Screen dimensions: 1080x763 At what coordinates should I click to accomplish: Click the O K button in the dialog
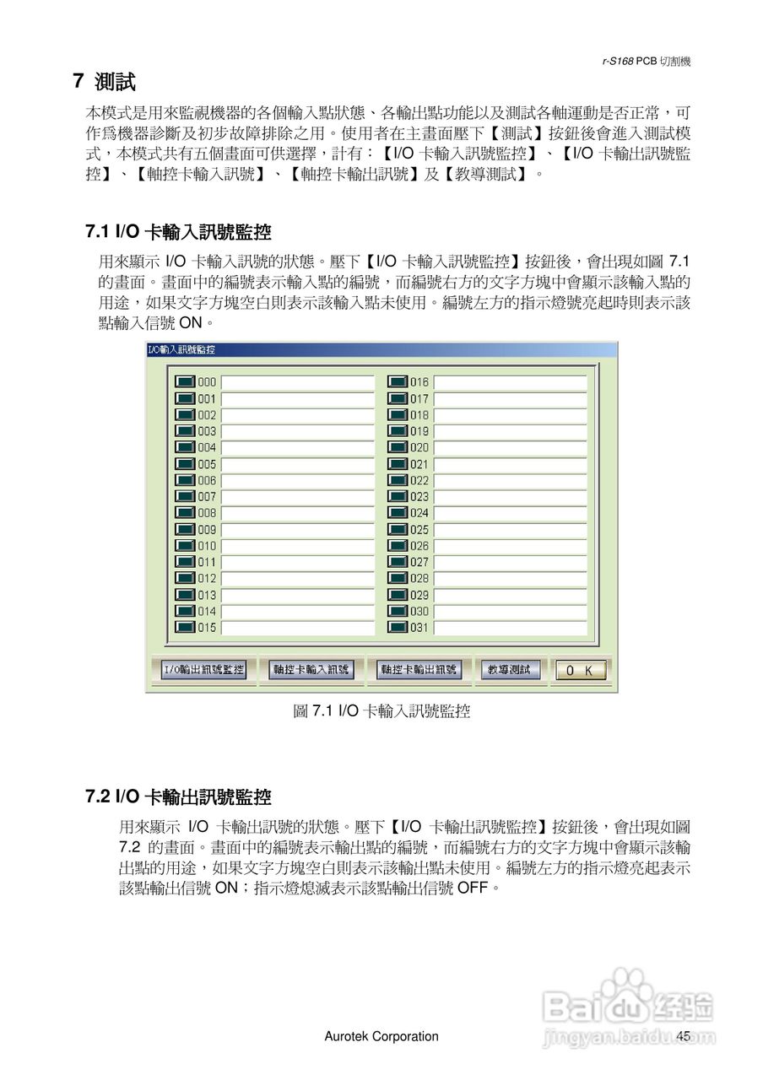coord(580,670)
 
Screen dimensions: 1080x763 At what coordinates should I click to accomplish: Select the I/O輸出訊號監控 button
coord(203,670)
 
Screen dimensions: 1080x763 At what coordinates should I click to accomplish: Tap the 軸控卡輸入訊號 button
coord(310,670)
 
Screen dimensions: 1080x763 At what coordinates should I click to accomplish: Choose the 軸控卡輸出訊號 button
coord(419,670)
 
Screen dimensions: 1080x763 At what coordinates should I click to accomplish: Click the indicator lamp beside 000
coord(185,382)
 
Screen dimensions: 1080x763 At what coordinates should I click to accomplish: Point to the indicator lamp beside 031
coord(398,628)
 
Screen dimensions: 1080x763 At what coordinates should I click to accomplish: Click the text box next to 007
coord(297,497)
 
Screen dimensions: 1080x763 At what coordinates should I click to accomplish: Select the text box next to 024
coord(510,513)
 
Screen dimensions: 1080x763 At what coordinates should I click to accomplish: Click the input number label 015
coord(207,628)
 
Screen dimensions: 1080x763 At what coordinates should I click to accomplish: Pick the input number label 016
coord(419,382)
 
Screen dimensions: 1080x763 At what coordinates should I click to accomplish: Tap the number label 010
coord(207,546)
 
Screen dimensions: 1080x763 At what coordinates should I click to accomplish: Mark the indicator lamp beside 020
coord(398,447)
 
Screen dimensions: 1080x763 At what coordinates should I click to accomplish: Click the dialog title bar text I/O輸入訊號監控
coord(181,349)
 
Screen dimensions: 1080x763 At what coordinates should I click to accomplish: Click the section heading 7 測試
coord(104,82)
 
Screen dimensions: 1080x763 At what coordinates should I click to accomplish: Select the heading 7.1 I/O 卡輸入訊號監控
coord(178,232)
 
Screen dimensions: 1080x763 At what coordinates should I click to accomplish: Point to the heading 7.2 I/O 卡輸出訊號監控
coord(178,796)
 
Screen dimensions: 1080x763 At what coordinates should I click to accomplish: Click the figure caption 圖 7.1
coord(381,711)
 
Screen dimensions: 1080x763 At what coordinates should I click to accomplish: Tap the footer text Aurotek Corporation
coord(381,1036)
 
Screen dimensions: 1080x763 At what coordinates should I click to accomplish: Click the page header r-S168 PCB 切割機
coord(647,62)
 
